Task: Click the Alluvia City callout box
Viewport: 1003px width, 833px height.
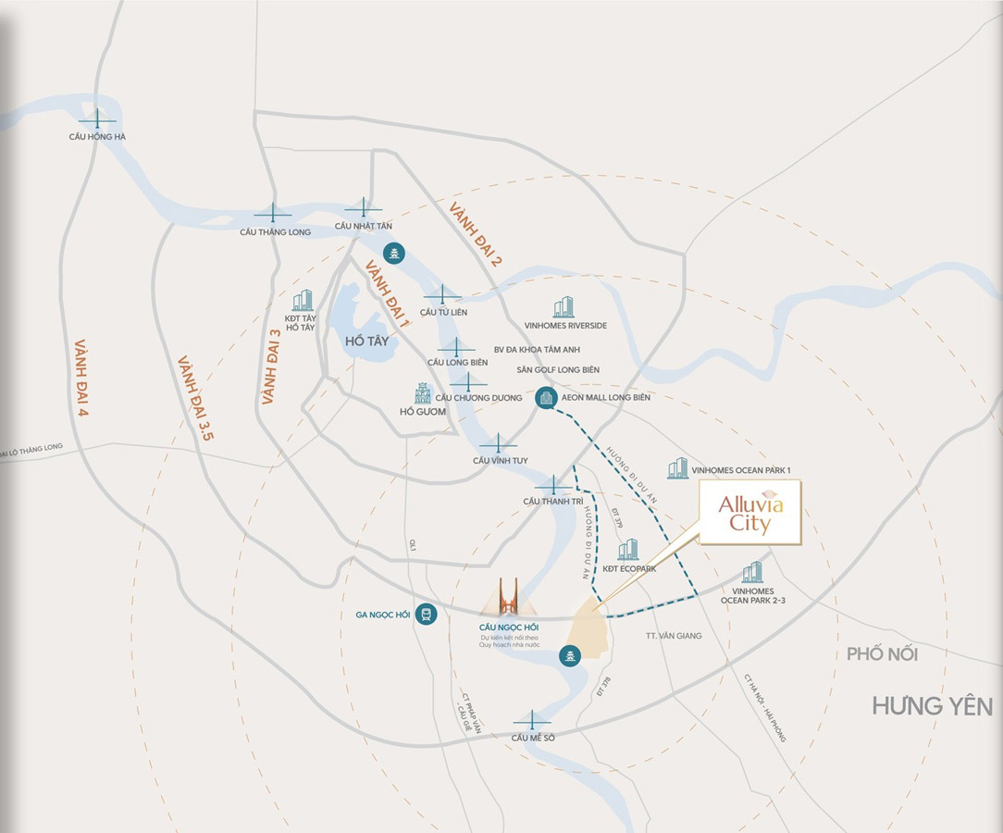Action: coord(749,512)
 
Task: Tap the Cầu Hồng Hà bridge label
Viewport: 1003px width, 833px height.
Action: coord(97,137)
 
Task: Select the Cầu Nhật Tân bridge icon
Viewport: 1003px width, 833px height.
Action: coord(363,209)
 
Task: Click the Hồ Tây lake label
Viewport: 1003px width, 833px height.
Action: coord(366,342)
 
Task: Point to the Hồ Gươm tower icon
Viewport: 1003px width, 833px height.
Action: coord(423,392)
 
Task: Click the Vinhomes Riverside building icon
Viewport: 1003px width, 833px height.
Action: coord(563,307)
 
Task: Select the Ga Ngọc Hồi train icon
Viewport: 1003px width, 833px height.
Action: coord(426,614)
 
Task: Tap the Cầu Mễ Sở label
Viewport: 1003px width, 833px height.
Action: coord(532,738)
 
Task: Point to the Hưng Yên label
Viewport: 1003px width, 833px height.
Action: coord(932,707)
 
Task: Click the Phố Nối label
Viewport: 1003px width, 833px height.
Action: coord(882,654)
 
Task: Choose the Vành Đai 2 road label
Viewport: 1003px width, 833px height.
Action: coord(475,235)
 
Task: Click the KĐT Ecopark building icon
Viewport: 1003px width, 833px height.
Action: coord(628,550)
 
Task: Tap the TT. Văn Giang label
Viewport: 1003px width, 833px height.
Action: coord(674,636)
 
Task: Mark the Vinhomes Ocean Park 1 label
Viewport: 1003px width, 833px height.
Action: coord(741,470)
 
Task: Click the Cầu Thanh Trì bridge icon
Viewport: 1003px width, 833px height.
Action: coord(553,486)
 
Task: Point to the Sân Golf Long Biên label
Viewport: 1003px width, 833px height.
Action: coord(558,370)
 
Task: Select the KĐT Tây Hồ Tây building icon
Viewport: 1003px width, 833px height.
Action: coord(303,300)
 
